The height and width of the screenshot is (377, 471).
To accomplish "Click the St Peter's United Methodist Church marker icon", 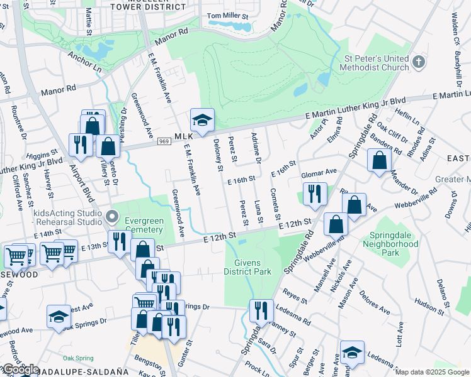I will tap(421, 63).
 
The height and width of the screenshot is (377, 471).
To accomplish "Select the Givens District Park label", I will tap(247, 268).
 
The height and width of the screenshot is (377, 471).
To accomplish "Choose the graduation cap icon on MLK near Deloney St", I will tap(202, 121).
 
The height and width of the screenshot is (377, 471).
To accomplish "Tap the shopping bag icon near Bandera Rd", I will tap(380, 161).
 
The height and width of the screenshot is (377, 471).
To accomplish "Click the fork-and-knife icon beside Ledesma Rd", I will tap(260, 310).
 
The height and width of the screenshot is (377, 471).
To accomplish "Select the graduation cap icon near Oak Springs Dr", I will tap(59, 317).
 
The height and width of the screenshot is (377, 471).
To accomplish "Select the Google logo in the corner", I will tap(20, 369).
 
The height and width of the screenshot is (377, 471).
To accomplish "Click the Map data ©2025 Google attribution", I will tap(432, 372).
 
